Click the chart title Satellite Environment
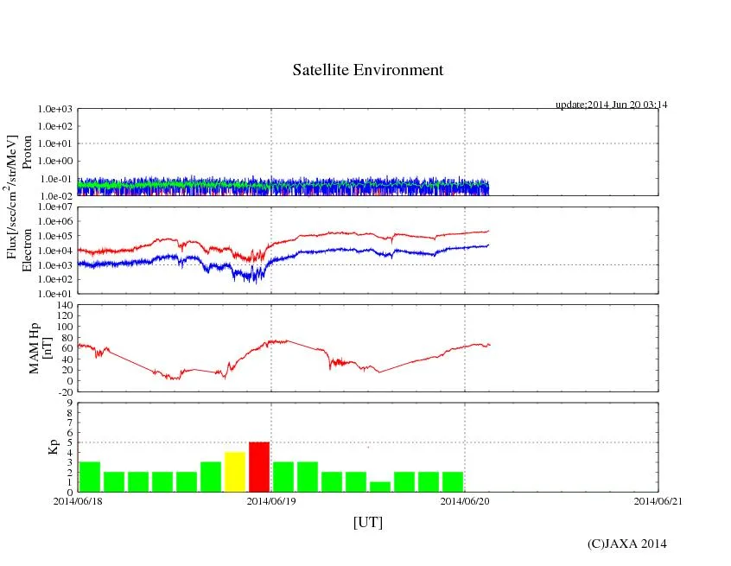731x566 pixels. pyautogui.click(x=368, y=70)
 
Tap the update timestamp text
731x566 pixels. pyautogui.click(x=611, y=105)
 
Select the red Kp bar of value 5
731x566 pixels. pyautogui.click(x=259, y=467)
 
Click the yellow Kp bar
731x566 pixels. pyautogui.click(x=235, y=472)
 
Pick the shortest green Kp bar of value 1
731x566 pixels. pyautogui.click(x=380, y=487)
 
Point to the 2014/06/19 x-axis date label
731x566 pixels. pyautogui.click(x=271, y=500)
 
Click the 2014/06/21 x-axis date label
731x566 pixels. pyautogui.click(x=658, y=500)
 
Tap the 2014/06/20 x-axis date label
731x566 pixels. pyautogui.click(x=465, y=500)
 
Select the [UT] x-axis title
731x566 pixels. pyautogui.click(x=368, y=522)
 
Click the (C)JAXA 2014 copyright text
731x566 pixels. pyautogui.click(x=626, y=544)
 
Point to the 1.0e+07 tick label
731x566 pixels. pyautogui.click(x=55, y=207)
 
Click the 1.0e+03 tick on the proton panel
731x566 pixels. pyautogui.click(x=55, y=110)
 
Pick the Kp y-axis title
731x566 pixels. pyautogui.click(x=51, y=447)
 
